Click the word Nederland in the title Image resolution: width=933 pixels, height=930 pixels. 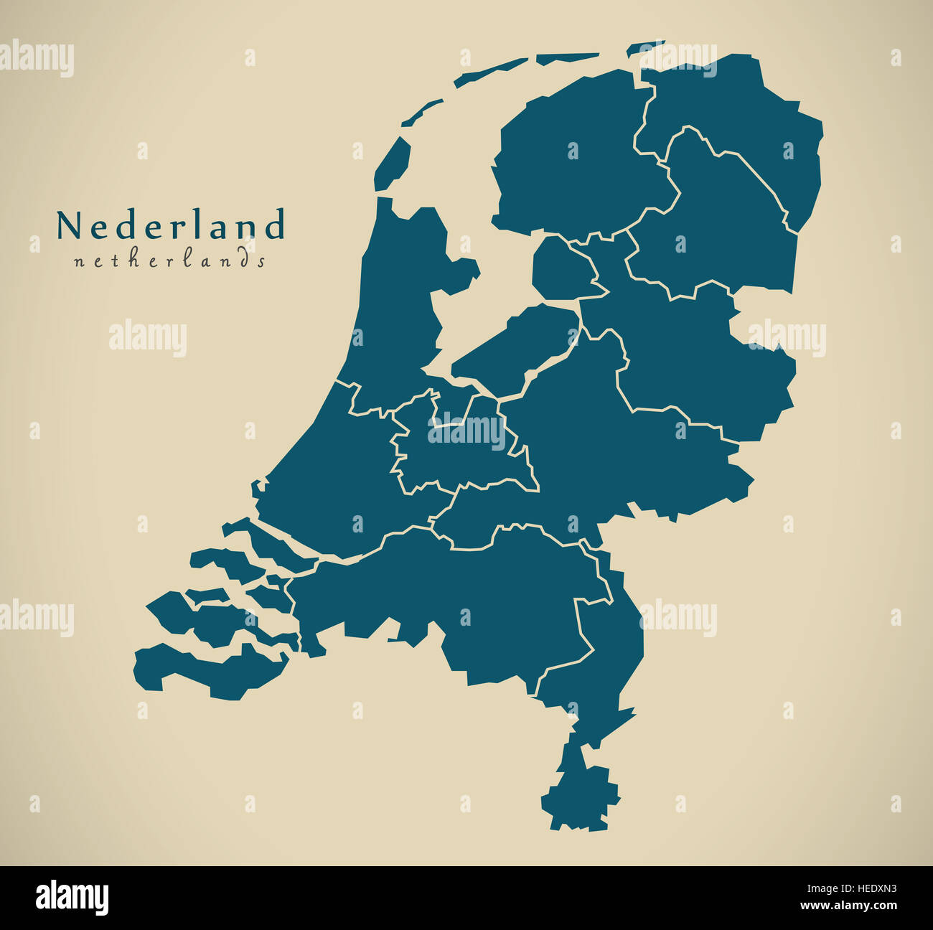coord(171,225)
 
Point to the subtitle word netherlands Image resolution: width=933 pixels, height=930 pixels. coord(169,260)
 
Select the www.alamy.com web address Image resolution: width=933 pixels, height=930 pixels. coord(837,906)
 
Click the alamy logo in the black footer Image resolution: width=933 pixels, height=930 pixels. coord(72,897)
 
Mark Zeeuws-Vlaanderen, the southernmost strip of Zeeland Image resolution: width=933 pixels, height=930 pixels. coord(208,671)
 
